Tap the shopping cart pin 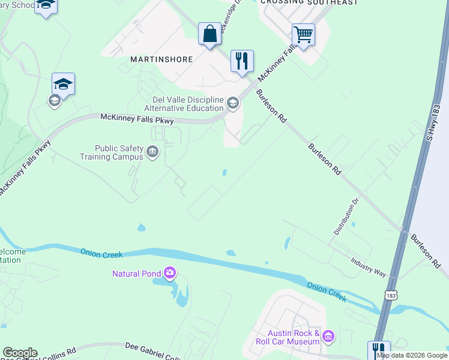pyautogui.click(x=303, y=35)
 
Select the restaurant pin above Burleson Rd pyautogui.click(x=242, y=61)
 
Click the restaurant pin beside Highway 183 pyautogui.click(x=379, y=350)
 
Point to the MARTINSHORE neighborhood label pyautogui.click(x=161, y=60)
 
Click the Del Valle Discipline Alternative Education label pyautogui.click(x=184, y=104)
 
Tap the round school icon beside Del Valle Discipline pyautogui.click(x=233, y=104)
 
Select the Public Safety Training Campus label pyautogui.click(x=112, y=152)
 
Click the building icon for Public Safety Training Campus pyautogui.click(x=153, y=152)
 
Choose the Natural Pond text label pyautogui.click(x=136, y=274)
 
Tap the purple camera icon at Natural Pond pyautogui.click(x=170, y=274)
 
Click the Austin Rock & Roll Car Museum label pyautogui.click(x=285, y=337)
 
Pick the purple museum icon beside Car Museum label pyautogui.click(x=328, y=337)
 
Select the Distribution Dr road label pyautogui.click(x=346, y=217)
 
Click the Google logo pyautogui.click(x=20, y=353)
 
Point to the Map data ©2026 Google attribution pyautogui.click(x=412, y=355)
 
